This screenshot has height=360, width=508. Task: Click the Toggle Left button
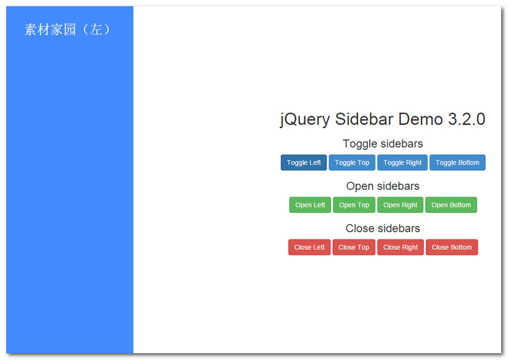304,163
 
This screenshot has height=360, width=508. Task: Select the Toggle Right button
402,163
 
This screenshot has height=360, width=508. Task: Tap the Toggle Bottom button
457,163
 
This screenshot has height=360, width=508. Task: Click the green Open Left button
310,205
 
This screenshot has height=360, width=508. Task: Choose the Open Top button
354,205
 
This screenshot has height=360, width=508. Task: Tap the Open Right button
400,205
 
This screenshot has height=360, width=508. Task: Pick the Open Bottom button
451,205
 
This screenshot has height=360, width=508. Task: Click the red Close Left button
309,247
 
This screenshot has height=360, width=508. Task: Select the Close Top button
354,247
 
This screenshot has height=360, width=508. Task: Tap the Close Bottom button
452,247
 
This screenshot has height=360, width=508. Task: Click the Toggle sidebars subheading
382,144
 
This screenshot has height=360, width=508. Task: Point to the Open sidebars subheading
382,186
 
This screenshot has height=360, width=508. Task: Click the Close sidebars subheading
382,229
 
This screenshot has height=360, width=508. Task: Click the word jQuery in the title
305,119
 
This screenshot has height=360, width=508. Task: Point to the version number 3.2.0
467,119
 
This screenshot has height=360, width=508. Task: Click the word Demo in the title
421,119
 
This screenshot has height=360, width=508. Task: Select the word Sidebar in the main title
364,119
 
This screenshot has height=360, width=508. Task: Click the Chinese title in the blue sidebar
68,30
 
